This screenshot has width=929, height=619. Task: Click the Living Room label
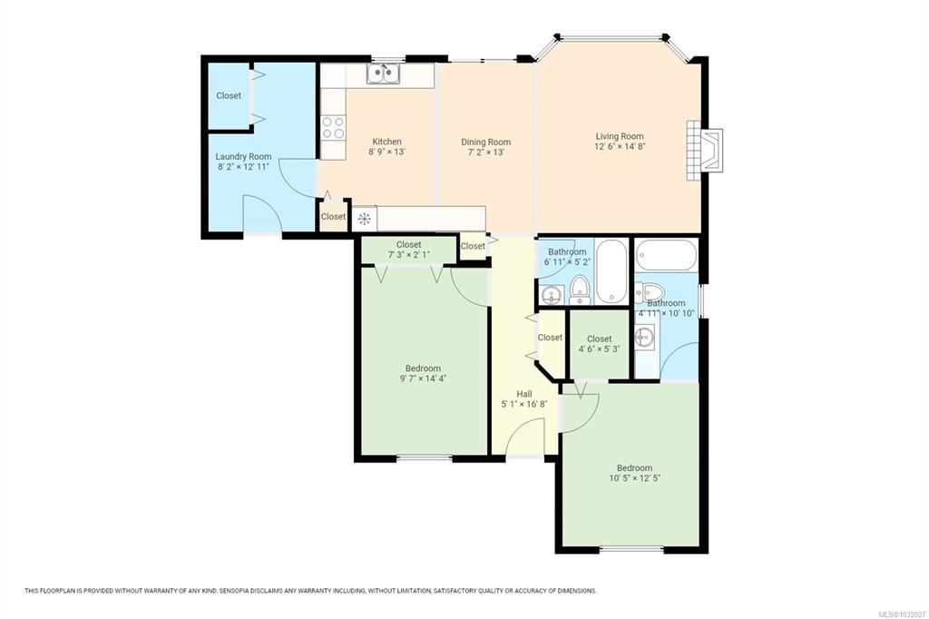pos(619,136)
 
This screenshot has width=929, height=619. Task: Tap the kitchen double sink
pos(383,74)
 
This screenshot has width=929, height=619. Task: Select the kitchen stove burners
pos(332,128)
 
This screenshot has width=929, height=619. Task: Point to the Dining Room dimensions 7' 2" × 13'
pos(486,152)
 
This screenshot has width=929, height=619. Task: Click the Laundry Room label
pos(243,156)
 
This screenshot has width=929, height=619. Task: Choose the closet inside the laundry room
pos(229,95)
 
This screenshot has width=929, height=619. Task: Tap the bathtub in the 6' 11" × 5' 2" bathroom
pos(611,271)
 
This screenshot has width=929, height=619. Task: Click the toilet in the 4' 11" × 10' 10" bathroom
pos(649,292)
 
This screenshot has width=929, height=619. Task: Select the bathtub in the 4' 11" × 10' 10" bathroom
pos(667,255)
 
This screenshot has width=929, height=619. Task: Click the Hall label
pos(524,394)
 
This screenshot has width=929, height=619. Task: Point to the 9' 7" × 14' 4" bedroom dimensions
pos(423,378)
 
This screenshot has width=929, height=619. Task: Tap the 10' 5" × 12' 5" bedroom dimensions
pos(634,478)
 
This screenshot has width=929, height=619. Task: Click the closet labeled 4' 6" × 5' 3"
pos(599,344)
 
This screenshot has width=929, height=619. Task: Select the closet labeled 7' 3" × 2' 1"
pos(409,250)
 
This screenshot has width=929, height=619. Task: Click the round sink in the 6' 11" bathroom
pos(553,295)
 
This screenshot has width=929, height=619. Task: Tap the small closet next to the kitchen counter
pos(333,216)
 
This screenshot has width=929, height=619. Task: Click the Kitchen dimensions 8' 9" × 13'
pos(386,152)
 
